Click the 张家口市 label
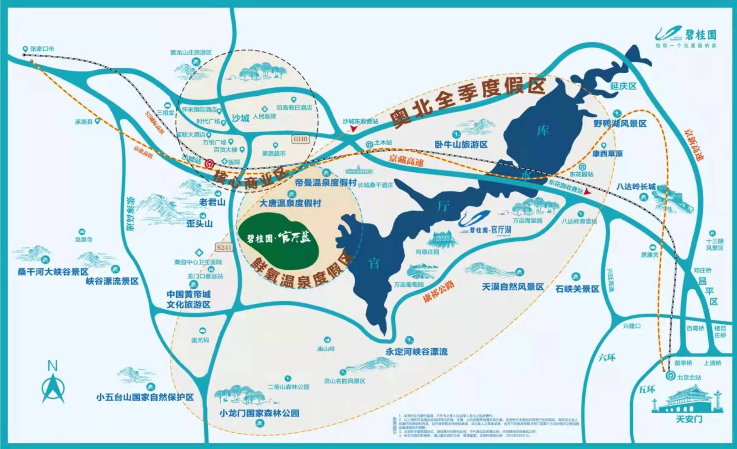click(x=42, y=49)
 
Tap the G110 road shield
click(x=300, y=139)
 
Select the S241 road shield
click(x=224, y=247)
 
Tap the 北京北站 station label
click(x=689, y=377)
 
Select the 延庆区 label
click(x=623, y=86)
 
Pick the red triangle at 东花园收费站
click(x=587, y=192)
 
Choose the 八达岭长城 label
click(x=636, y=186)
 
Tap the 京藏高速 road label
click(x=406, y=160)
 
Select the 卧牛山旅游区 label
click(x=461, y=144)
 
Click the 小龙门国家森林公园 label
click(x=260, y=413)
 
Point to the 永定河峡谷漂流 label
click(x=416, y=352)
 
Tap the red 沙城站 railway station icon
click(x=210, y=164)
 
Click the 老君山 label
click(x=212, y=202)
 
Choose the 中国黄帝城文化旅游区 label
click(x=188, y=299)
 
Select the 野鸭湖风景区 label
click(x=620, y=124)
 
